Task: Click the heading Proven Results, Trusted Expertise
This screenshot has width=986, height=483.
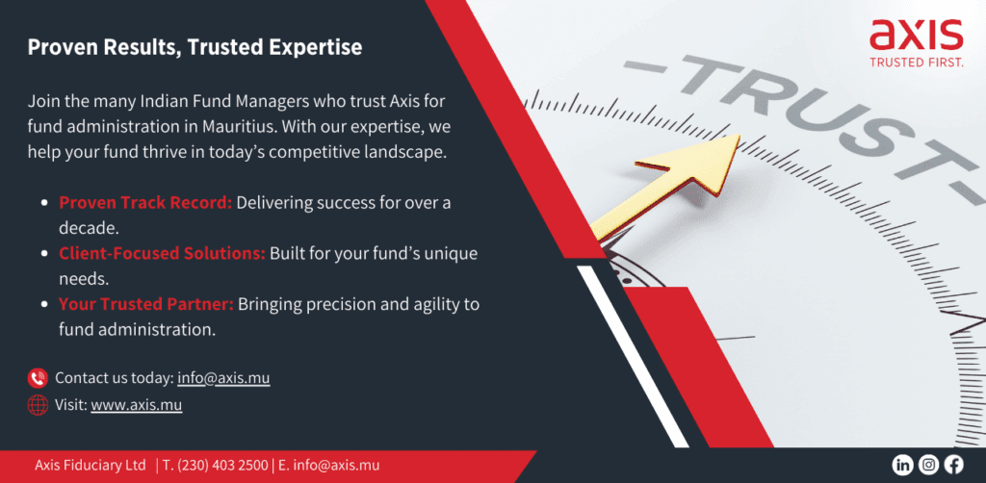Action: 195,48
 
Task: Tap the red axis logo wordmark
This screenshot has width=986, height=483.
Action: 916,35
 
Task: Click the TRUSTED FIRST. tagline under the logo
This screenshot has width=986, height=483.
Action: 917,62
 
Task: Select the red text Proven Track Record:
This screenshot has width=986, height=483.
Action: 146,203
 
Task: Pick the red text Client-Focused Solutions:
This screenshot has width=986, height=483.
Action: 162,254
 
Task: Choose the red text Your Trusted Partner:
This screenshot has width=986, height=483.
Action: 146,305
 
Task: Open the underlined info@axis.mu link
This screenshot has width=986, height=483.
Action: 223,378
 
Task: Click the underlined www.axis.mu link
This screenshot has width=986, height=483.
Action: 137,405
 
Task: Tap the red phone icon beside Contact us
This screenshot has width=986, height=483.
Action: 38,378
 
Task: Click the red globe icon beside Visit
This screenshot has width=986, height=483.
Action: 38,405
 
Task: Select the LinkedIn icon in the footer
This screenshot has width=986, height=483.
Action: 902,465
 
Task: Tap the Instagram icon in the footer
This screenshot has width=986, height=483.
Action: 928,465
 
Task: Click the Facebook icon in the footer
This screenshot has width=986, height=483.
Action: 953,465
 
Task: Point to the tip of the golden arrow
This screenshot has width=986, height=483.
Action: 739,135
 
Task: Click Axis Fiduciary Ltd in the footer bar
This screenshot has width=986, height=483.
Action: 91,466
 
